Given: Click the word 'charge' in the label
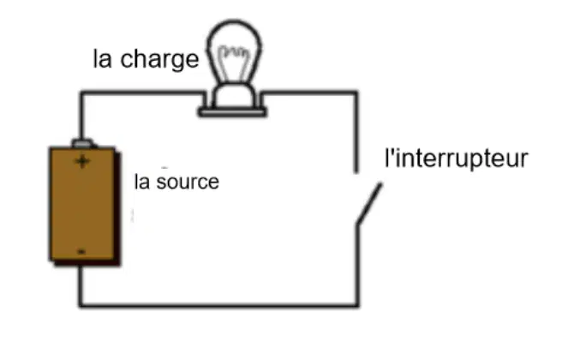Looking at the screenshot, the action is click(159, 60).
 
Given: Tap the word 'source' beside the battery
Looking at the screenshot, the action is click(188, 182).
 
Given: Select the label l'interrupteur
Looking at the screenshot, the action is click(457, 158).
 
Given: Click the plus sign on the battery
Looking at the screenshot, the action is click(82, 161).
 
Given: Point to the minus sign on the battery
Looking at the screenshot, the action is click(81, 252).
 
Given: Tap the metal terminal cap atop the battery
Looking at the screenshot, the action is click(83, 143).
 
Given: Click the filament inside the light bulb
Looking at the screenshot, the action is click(234, 63).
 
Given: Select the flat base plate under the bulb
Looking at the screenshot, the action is click(233, 113).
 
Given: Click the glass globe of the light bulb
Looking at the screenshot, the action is click(235, 51).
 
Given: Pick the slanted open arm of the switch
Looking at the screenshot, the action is click(369, 204).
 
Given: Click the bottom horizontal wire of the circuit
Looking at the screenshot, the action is click(218, 305).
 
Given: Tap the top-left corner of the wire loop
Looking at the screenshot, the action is click(82, 93).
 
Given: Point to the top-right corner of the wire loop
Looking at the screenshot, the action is click(356, 93).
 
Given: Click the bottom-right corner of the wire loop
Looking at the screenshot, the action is click(356, 305).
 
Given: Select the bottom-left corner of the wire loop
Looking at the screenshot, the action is click(81, 305).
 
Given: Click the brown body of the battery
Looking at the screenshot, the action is click(82, 203).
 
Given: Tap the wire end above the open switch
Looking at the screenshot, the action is click(356, 171).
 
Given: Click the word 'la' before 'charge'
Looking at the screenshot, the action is click(102, 59).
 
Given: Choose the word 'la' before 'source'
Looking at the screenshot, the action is click(142, 182).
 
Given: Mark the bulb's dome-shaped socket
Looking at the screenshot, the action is click(235, 96).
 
